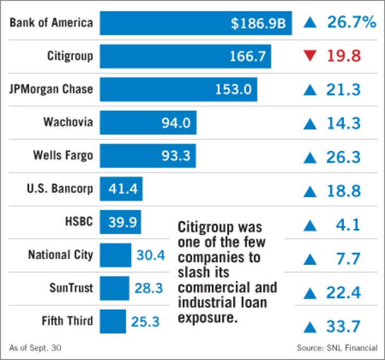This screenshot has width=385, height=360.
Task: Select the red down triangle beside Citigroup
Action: (310, 56)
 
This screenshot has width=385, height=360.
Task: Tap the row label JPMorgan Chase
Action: (51, 89)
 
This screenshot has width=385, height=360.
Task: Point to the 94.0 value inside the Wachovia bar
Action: (177, 123)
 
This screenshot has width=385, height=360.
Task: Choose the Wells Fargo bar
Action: (148, 156)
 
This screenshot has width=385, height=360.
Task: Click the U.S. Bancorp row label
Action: (60, 188)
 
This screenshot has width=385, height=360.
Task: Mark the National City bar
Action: (115, 255)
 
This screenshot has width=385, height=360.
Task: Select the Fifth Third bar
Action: (113, 321)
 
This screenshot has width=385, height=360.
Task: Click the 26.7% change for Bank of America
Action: (351, 22)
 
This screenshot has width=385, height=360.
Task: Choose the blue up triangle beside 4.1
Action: (310, 226)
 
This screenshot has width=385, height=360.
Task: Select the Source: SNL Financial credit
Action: (337, 348)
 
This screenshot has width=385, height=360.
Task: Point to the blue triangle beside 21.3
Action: (310, 89)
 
